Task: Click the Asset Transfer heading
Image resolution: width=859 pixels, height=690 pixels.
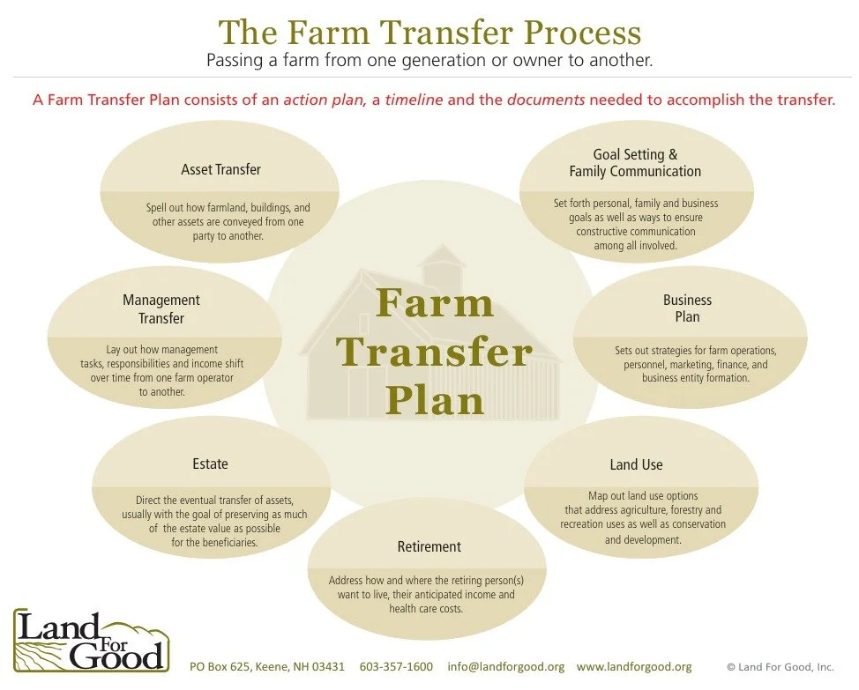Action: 220,169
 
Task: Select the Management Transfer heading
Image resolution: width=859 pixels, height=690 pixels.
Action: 161,308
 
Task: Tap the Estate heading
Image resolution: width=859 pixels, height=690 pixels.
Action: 210,464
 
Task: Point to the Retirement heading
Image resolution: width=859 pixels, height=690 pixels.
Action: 429,547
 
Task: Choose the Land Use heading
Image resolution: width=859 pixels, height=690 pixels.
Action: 636,464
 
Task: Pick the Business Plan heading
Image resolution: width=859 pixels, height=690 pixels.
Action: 687,308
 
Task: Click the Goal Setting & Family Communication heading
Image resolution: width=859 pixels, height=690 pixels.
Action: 635,163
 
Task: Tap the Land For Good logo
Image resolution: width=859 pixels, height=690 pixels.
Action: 90,639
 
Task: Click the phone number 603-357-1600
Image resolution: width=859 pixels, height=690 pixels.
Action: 396,666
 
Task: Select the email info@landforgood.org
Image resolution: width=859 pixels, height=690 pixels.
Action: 505,666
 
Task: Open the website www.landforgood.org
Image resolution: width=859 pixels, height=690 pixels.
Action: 634,666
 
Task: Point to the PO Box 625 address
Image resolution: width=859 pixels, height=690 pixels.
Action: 267,666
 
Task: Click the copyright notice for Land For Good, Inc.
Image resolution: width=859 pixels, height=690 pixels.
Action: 780,667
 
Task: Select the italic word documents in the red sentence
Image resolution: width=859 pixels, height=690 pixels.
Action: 546,100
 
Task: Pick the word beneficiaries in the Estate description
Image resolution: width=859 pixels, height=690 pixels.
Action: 227,542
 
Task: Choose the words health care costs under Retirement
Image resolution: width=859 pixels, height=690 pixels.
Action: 426,609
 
